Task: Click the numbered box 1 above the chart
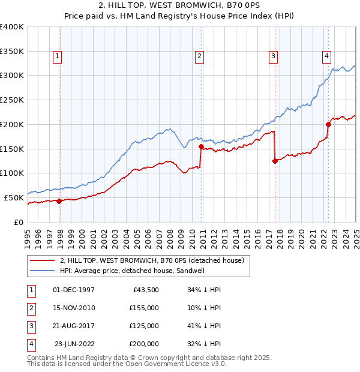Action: point(57,57)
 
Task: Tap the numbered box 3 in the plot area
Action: point(273,57)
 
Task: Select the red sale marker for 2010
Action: point(201,146)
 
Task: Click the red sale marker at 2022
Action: point(329,124)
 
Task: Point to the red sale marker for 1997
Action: point(59,201)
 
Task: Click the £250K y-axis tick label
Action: point(11,100)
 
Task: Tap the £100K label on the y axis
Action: point(11,173)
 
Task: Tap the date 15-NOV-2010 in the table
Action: point(74,308)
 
